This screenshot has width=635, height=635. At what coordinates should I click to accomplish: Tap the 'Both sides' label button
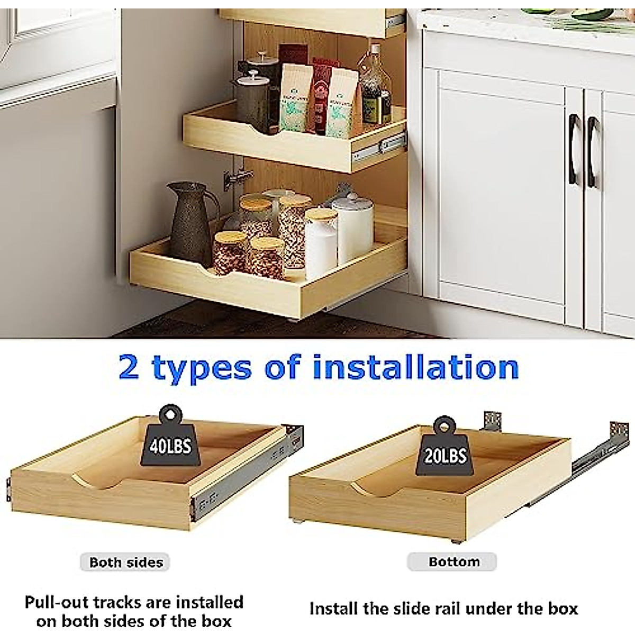coord(126,562)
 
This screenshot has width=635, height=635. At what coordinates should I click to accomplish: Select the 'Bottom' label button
coord(453,561)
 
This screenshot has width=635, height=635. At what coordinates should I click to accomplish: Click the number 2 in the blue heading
coord(130,368)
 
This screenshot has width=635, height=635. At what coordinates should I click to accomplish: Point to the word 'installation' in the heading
coord(416,367)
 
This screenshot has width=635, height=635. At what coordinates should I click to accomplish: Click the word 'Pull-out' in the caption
coord(56,602)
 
